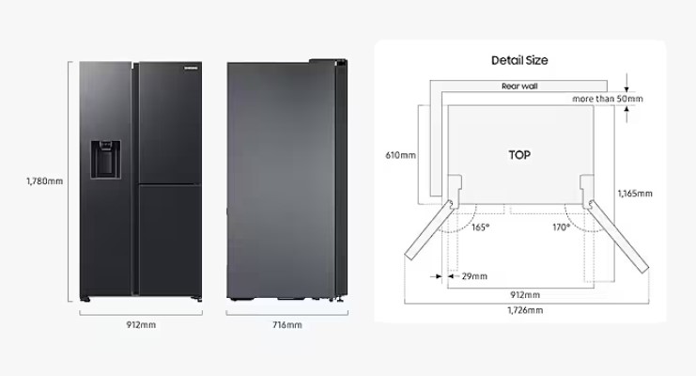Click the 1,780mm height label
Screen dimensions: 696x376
tap(44, 181)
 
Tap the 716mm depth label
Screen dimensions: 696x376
tap(287, 325)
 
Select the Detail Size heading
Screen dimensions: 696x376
tap(519, 60)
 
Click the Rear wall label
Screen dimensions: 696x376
tap(519, 86)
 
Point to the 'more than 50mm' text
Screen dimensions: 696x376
tap(607, 99)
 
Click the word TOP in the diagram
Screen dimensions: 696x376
tap(519, 155)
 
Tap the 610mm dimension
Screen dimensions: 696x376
tap(400, 155)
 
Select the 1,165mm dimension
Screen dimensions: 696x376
tap(635, 194)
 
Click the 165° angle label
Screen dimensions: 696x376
tap(480, 227)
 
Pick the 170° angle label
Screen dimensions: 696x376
tap(561, 227)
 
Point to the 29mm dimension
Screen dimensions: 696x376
tap(474, 276)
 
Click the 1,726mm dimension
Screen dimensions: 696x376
tap(525, 310)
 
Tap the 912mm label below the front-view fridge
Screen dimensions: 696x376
tap(141, 325)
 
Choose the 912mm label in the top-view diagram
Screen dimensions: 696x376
tap(525, 294)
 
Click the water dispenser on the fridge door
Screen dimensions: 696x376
tap(105, 160)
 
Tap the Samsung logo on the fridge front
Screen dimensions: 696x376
tap(191, 68)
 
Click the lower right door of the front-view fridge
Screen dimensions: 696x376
tap(170, 240)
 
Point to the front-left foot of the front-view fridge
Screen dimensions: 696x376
tap(85, 299)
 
